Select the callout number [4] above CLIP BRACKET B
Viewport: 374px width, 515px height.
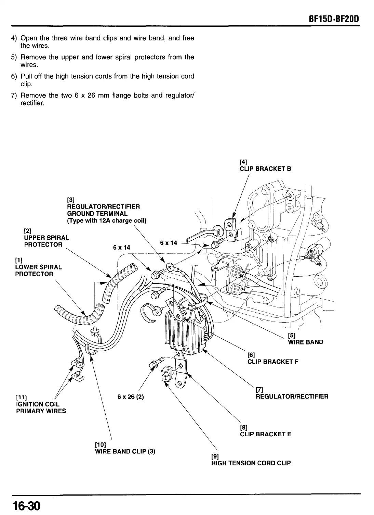[243, 162]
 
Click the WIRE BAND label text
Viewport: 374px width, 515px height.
[306, 342]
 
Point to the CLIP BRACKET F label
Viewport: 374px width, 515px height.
[273, 362]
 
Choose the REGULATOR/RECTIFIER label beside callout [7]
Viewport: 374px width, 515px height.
[292, 397]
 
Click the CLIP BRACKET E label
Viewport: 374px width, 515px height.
[266, 434]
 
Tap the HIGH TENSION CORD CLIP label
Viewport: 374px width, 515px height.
[251, 463]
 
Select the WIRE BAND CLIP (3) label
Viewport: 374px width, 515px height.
[125, 451]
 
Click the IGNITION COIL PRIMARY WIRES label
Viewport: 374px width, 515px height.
[41, 407]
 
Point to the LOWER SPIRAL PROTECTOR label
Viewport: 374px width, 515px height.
[38, 271]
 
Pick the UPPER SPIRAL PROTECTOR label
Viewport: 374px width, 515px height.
[46, 241]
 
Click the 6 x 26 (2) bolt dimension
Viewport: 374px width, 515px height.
[130, 397]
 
